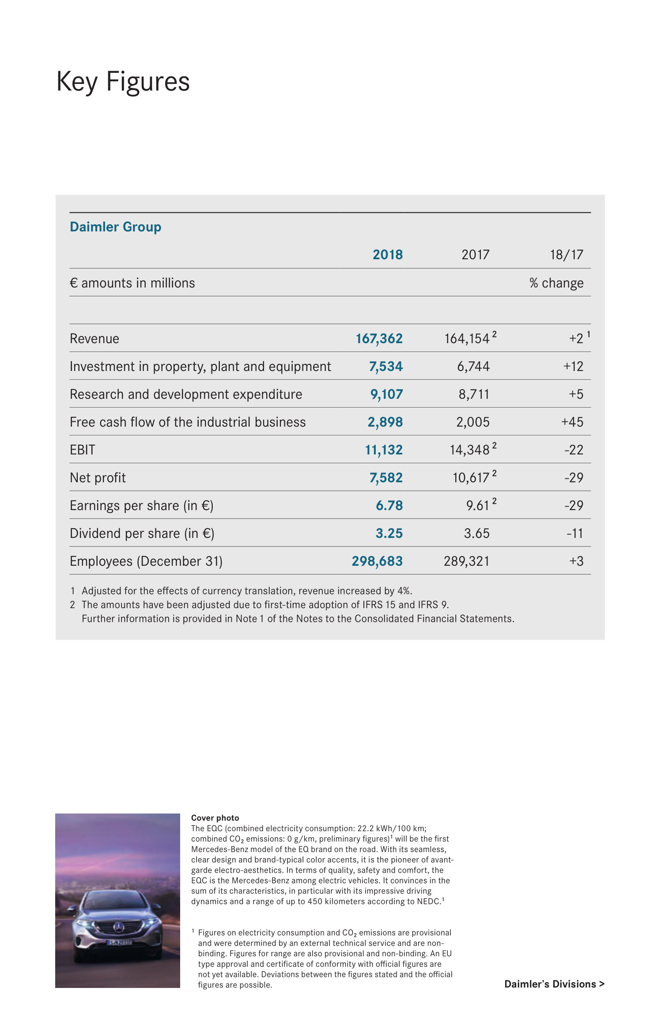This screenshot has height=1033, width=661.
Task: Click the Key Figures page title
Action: click(x=123, y=82)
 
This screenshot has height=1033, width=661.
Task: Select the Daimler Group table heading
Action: click(x=115, y=227)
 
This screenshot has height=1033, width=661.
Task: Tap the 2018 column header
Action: click(x=387, y=255)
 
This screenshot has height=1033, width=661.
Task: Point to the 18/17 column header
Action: click(x=566, y=255)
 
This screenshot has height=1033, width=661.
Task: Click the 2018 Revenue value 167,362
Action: click(x=379, y=339)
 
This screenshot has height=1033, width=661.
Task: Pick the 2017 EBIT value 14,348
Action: click(x=469, y=450)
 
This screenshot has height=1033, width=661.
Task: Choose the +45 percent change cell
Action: click(x=572, y=422)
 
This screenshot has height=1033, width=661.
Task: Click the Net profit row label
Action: click(x=98, y=478)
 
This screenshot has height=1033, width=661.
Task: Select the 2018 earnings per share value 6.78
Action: click(x=389, y=506)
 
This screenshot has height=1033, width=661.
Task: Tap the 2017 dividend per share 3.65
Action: click(x=476, y=534)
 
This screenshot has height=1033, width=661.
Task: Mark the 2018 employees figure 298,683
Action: click(x=377, y=561)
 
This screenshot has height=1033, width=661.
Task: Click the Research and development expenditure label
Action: click(x=186, y=394)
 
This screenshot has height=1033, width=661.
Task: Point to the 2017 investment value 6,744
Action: click(x=473, y=367)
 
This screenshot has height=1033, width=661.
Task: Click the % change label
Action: click(x=556, y=283)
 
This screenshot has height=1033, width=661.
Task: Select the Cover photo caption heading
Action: click(x=215, y=818)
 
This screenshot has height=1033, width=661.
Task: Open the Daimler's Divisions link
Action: click(x=554, y=984)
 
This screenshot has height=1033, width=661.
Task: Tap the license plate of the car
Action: click(x=119, y=943)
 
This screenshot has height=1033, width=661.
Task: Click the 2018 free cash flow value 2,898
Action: click(x=385, y=422)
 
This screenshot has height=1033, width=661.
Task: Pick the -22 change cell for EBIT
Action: click(x=574, y=450)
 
